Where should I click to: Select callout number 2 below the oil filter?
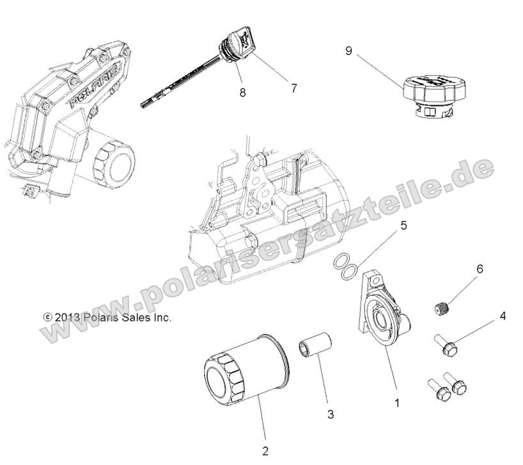pos(265,450)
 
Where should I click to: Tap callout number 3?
pos(331,414)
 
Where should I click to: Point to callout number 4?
pos(503,316)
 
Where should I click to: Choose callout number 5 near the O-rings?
pos(403,225)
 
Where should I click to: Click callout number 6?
pos(480,271)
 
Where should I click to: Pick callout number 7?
pos(293,89)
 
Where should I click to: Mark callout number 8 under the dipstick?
pos(242,92)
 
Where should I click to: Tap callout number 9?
pos(349,50)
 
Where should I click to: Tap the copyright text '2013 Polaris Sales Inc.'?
pos(107,317)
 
